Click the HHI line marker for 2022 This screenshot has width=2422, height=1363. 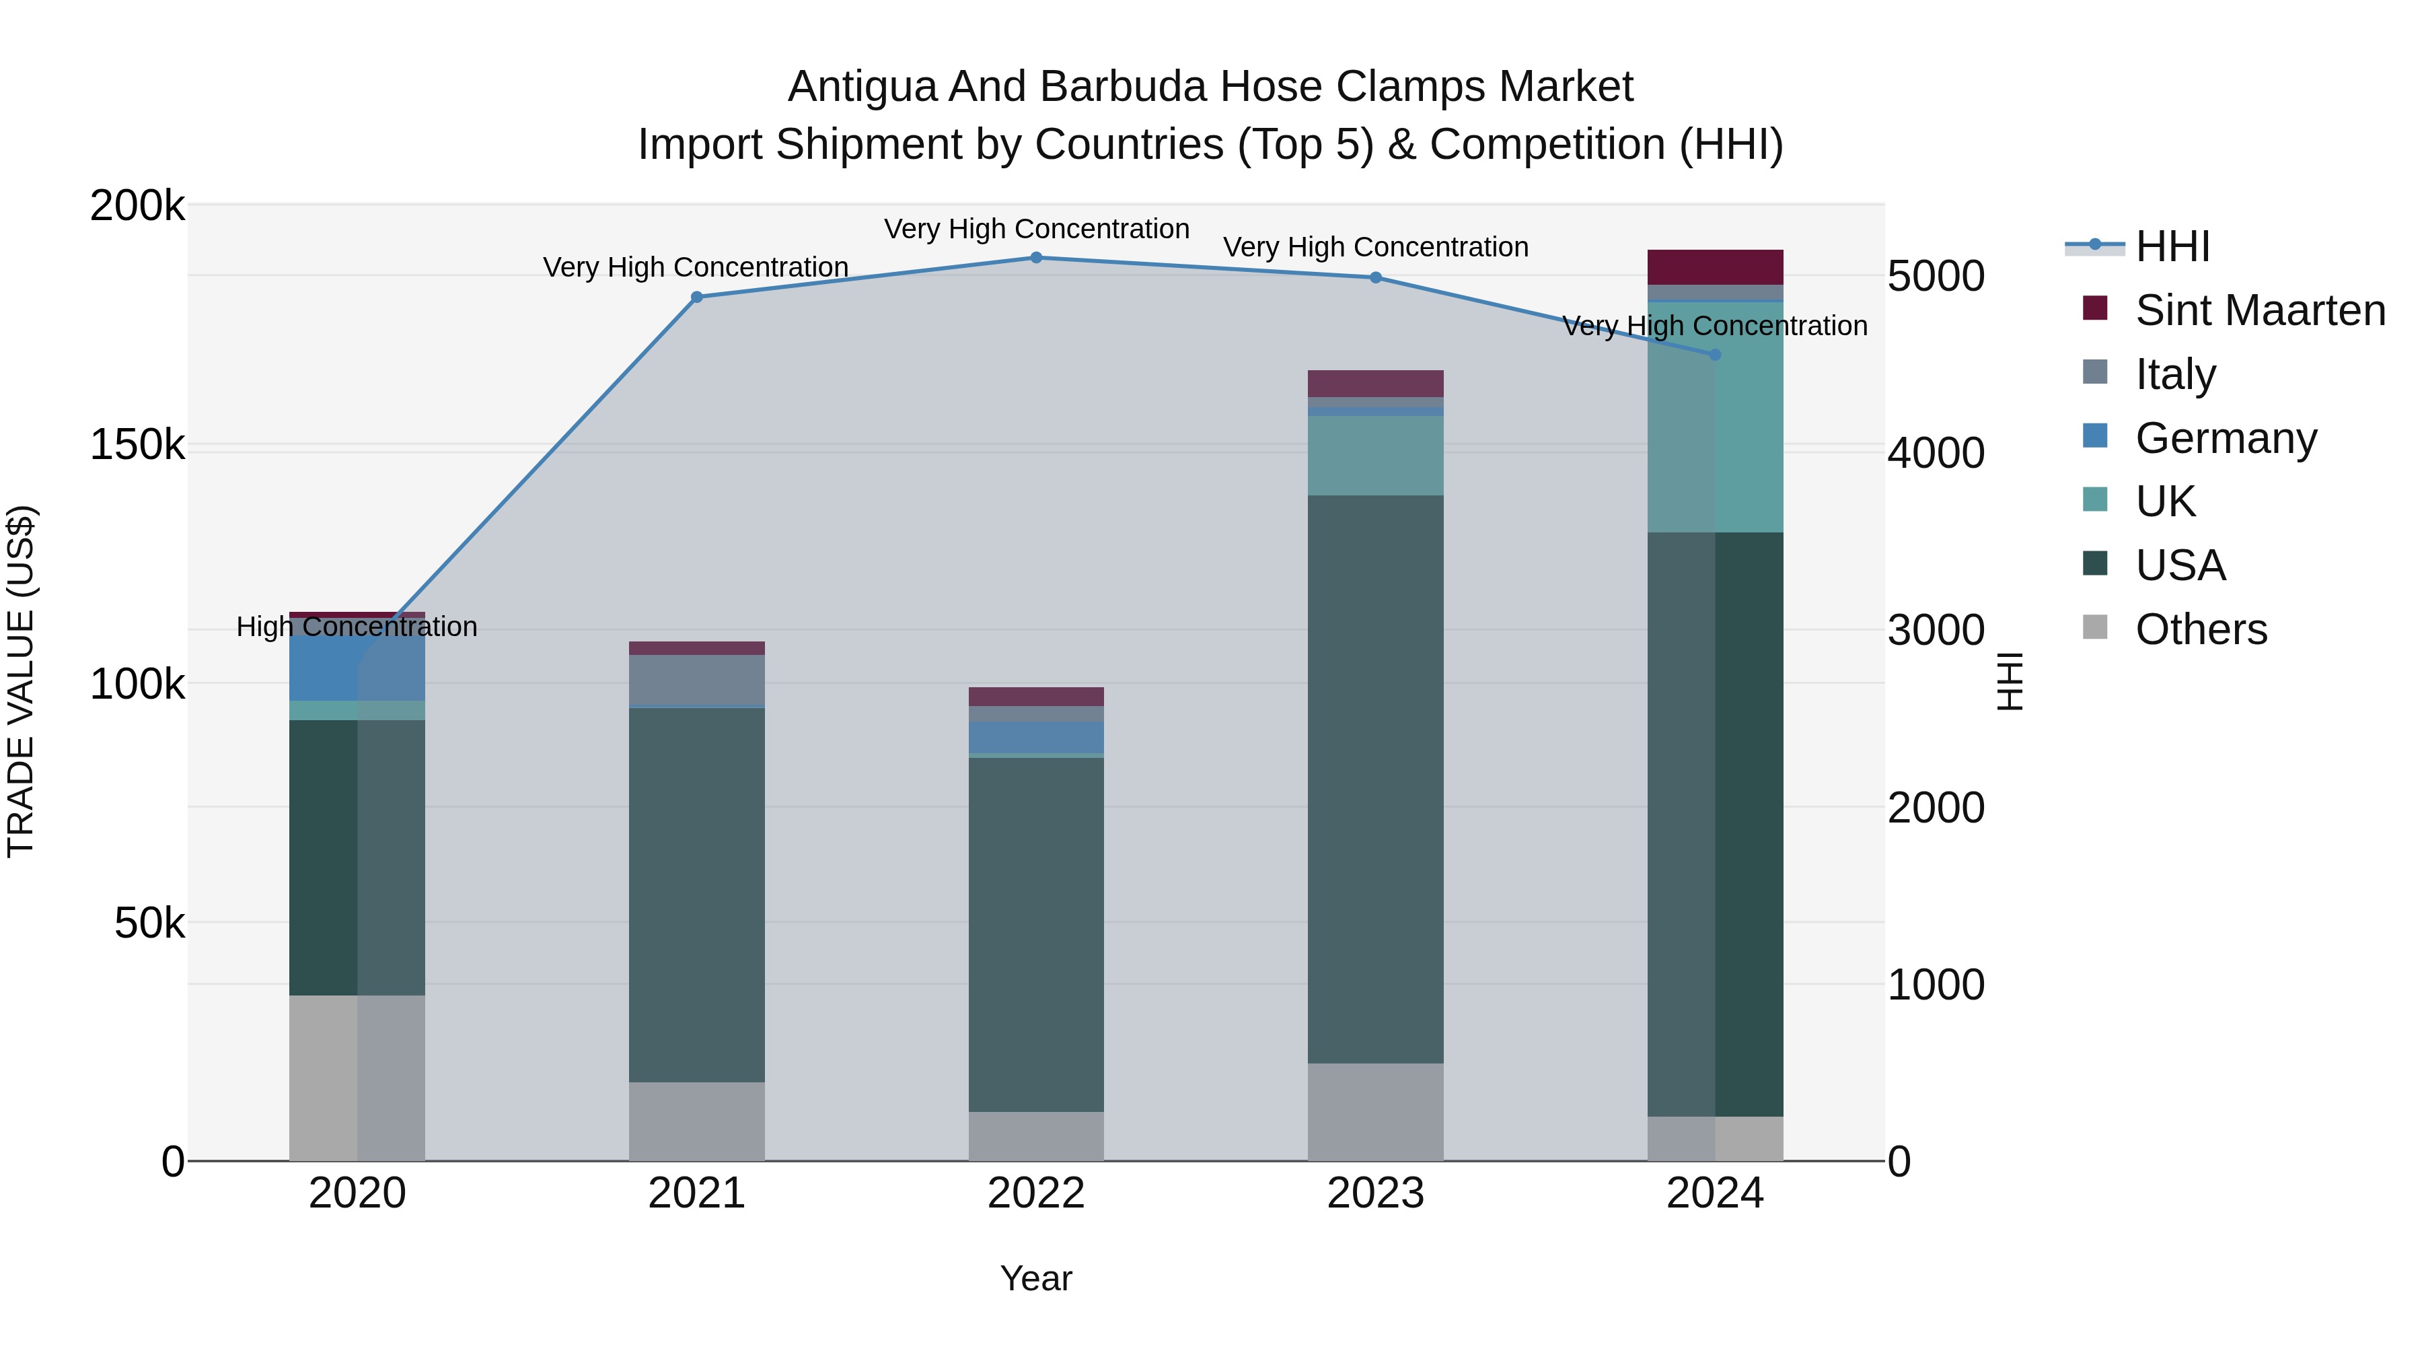pyautogui.click(x=1036, y=258)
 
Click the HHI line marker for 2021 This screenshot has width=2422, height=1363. pyautogui.click(x=697, y=298)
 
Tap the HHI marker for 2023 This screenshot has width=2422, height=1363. pyautogui.click(x=1376, y=277)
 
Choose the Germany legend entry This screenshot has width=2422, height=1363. pyautogui.click(x=2226, y=438)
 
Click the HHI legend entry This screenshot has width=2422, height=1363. pyautogui.click(x=2172, y=246)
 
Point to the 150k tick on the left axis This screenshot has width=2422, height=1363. pyautogui.click(x=137, y=445)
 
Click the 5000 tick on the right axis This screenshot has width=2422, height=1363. pyautogui.click(x=1935, y=277)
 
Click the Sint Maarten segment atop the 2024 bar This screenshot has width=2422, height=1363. pyautogui.click(x=1715, y=267)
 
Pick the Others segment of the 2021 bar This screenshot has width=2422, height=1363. pyautogui.click(x=697, y=1121)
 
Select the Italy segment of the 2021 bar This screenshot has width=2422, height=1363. pyautogui.click(x=697, y=679)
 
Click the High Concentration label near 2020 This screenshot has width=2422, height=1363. pyautogui.click(x=357, y=627)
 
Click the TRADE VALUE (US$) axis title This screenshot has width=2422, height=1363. pyautogui.click(x=21, y=681)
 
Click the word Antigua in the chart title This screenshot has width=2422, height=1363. pyautogui.click(x=863, y=88)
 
